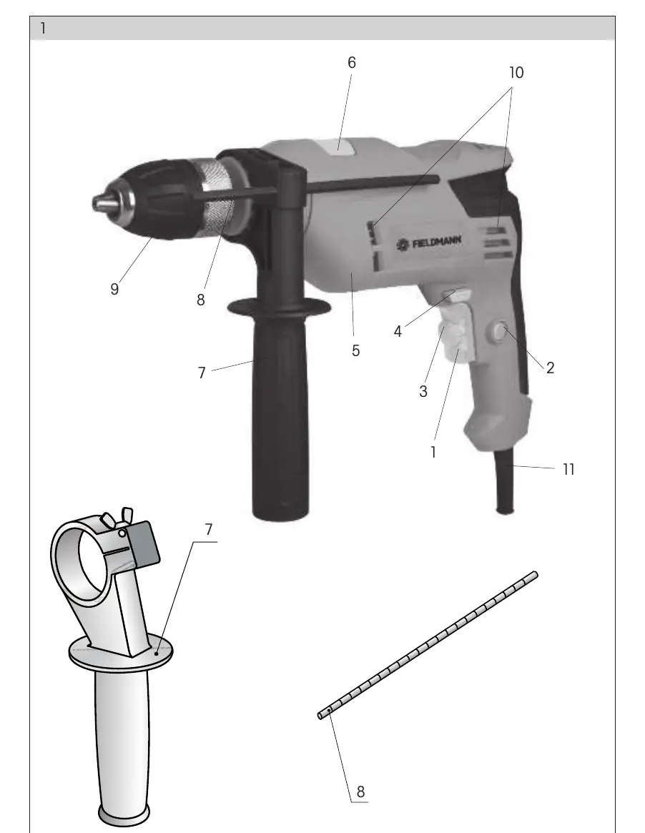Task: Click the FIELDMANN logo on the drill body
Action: click(x=429, y=243)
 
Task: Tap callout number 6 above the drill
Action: click(x=352, y=63)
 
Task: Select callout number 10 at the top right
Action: click(x=516, y=73)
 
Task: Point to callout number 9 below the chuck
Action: click(x=114, y=289)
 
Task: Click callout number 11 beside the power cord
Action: click(x=568, y=470)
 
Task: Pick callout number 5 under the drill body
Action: click(x=355, y=350)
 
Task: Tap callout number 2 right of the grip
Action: click(x=550, y=368)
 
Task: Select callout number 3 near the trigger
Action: click(x=423, y=392)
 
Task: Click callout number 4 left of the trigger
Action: click(x=398, y=332)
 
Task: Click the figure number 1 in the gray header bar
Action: click(x=42, y=28)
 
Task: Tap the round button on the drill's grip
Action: click(x=499, y=332)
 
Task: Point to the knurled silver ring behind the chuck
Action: click(x=218, y=196)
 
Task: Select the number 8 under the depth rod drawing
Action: click(x=360, y=792)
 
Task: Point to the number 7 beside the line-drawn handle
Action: click(x=208, y=530)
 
